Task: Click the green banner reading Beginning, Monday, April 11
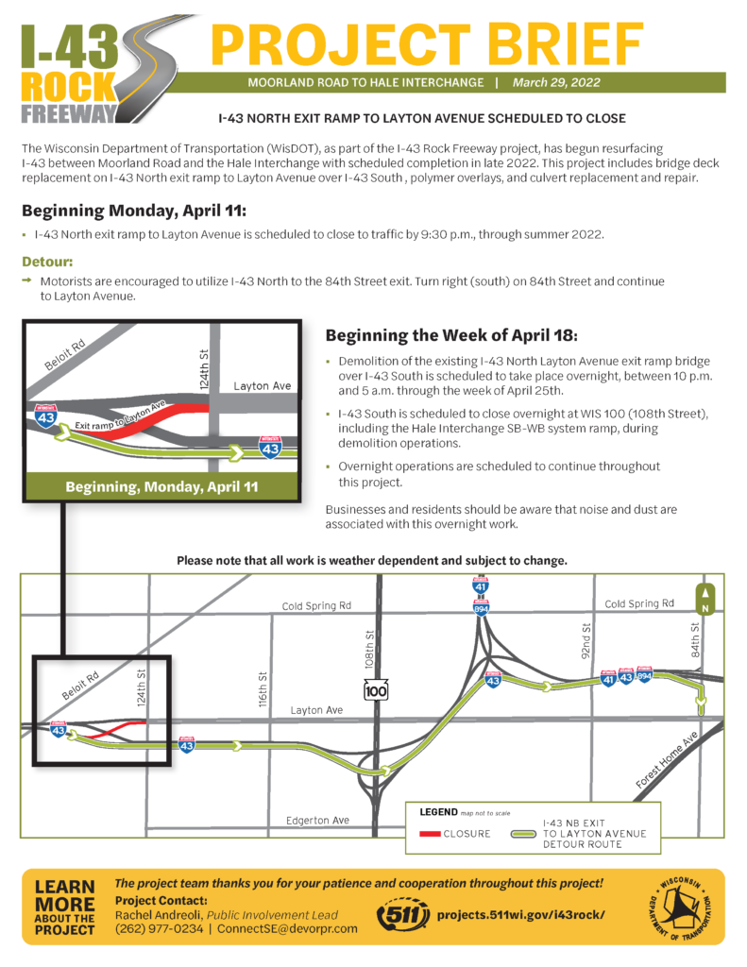[161, 487]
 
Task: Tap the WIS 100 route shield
[377, 692]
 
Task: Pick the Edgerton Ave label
[318, 821]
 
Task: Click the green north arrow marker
[704, 597]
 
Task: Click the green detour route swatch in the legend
[524, 835]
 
